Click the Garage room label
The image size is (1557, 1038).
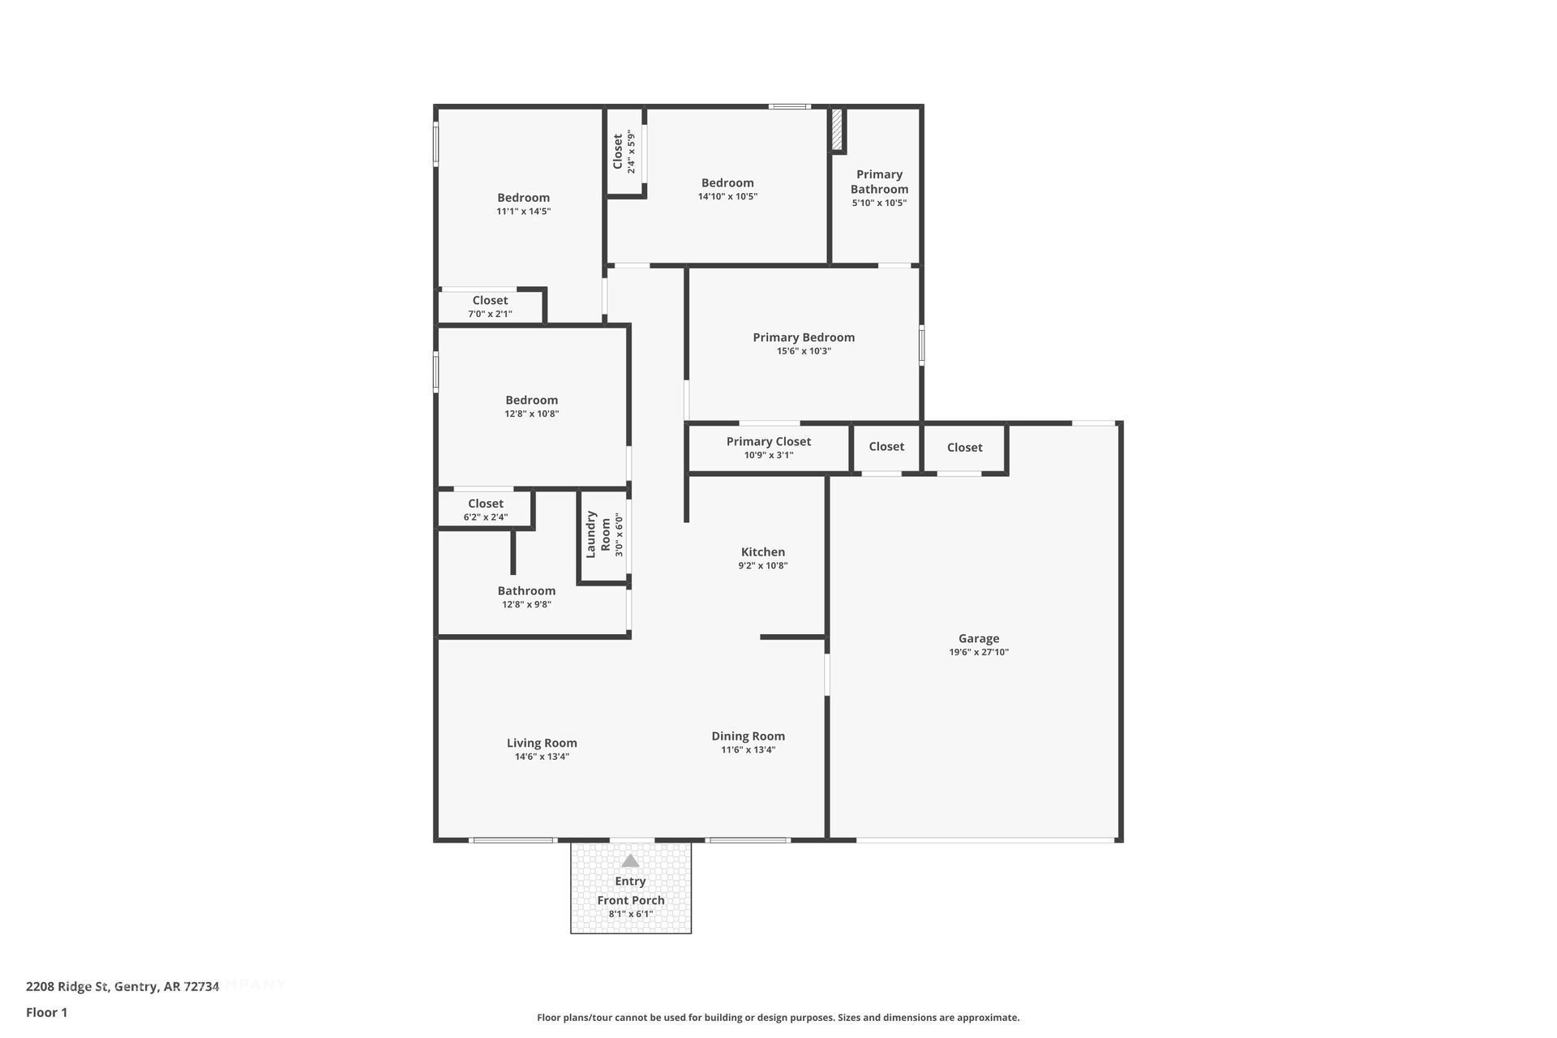click(978, 638)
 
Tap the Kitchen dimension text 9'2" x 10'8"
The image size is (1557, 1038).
click(762, 566)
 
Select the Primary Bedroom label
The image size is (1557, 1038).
click(803, 337)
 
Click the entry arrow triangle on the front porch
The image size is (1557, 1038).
click(630, 861)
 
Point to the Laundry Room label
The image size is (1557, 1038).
click(598, 534)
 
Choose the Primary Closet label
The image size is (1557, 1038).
click(768, 441)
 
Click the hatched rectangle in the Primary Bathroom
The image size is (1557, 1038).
click(837, 130)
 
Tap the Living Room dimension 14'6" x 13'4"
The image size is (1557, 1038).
click(542, 757)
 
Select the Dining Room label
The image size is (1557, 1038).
click(748, 736)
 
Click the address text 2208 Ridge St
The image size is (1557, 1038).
click(122, 987)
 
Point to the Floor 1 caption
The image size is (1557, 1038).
click(46, 1012)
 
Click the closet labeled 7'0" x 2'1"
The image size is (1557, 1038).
click(490, 307)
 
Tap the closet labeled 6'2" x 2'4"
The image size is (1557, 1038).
click(485, 509)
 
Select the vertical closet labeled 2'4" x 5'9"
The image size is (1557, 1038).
click(624, 152)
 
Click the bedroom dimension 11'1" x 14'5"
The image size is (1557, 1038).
click(523, 212)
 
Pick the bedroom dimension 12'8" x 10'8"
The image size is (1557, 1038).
click(531, 414)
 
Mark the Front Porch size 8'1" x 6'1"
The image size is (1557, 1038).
click(630, 914)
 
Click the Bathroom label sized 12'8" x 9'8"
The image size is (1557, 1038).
click(526, 591)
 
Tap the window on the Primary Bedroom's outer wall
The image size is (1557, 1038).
click(921, 345)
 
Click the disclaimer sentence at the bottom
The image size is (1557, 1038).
click(778, 1018)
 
